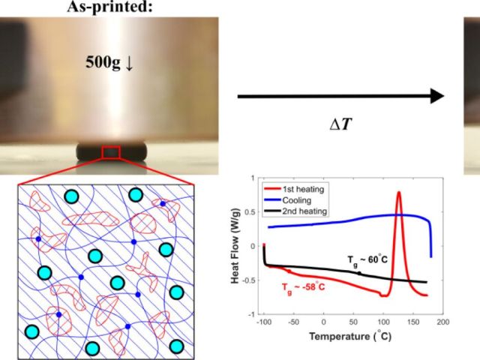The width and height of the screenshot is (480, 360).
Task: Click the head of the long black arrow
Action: coord(436,96)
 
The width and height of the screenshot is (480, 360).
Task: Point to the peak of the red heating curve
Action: coord(398,193)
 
